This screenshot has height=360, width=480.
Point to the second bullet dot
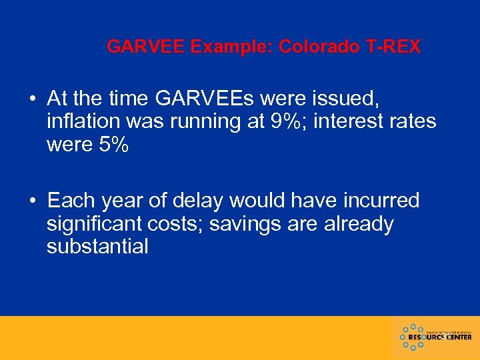[33, 201]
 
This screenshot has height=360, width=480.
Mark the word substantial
[97, 247]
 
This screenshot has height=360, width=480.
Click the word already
[357, 224]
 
